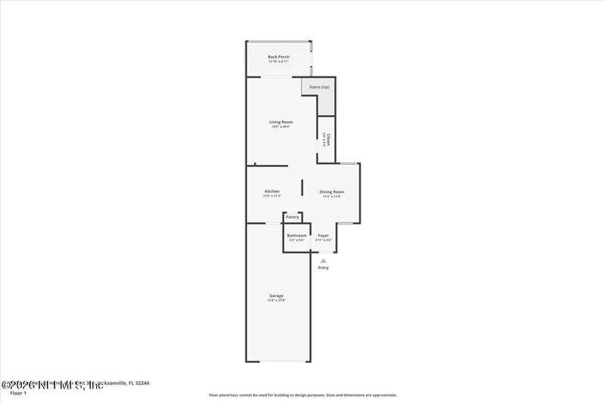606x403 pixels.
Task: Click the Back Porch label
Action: [x=279, y=57]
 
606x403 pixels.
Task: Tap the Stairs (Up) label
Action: [x=319, y=87]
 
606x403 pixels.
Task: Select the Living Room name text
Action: [x=281, y=122]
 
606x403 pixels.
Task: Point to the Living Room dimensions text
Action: [x=281, y=126]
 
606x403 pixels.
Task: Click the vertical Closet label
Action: [x=327, y=138]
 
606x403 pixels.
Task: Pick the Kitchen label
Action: [x=272, y=191]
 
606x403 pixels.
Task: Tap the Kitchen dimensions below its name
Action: [x=272, y=196]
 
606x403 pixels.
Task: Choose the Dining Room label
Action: [x=332, y=192]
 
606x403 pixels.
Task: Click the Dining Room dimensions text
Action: [x=332, y=197]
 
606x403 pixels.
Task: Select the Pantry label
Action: [x=292, y=218]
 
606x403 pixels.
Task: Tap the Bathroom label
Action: [x=296, y=235]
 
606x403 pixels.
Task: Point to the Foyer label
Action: [x=323, y=235]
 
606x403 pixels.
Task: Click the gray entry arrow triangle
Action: [x=323, y=260]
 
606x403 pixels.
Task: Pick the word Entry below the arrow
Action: [x=323, y=268]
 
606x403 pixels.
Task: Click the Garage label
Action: [x=276, y=296]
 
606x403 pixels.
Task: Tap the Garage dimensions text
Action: [x=276, y=300]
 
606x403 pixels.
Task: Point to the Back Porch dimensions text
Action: [x=279, y=61]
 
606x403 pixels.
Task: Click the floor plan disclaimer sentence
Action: [x=303, y=395]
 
